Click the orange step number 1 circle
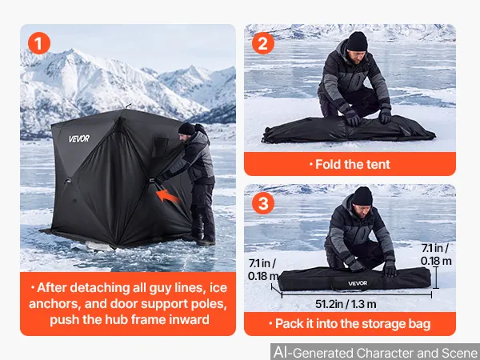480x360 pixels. (x=39, y=43)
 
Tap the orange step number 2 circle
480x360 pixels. (x=263, y=43)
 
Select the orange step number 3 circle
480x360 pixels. (x=263, y=203)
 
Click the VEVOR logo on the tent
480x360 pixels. (x=79, y=138)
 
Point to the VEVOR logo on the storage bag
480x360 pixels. (x=358, y=283)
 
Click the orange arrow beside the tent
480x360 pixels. (x=168, y=196)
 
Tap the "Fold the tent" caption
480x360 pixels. (x=350, y=164)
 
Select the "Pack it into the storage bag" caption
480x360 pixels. (x=350, y=324)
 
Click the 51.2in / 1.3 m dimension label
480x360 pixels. (x=346, y=304)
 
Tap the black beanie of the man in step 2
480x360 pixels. (x=357, y=41)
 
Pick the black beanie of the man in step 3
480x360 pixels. (x=362, y=196)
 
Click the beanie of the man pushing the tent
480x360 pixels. (x=186, y=129)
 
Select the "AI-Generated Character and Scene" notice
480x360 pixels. (x=375, y=352)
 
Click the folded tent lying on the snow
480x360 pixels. (x=348, y=130)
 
